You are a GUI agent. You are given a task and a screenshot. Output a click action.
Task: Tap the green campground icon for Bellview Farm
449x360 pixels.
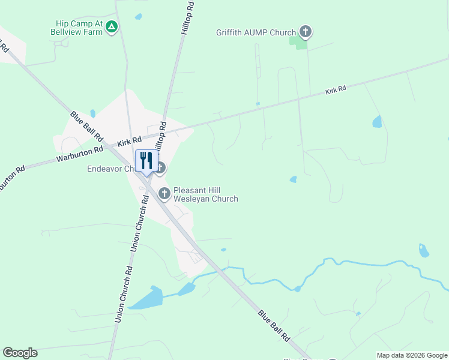pyautogui.click(x=112, y=27)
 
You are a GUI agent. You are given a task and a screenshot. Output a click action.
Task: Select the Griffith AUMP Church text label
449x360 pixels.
pyautogui.click(x=256, y=32)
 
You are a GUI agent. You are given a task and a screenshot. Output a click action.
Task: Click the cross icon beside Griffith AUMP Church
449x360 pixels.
pyautogui.click(x=305, y=31)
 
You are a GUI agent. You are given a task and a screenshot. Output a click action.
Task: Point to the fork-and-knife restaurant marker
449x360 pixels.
pyautogui.click(x=146, y=161)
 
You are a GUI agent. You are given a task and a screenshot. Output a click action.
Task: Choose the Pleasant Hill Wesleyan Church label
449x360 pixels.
pyautogui.click(x=205, y=194)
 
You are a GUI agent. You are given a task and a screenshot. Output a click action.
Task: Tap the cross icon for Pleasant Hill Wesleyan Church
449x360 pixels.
pyautogui.click(x=164, y=193)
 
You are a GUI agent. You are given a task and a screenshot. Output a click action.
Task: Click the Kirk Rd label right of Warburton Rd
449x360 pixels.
pyautogui.click(x=130, y=142)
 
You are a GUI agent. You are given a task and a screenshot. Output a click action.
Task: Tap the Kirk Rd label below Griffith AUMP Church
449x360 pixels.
pyautogui.click(x=336, y=90)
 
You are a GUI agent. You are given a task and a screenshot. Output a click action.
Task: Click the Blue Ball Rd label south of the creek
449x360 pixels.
pyautogui.click(x=274, y=325)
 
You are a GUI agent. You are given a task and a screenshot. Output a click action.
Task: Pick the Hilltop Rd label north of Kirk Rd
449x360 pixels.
pyautogui.click(x=188, y=17)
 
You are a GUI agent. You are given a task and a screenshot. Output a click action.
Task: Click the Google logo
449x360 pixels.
pyautogui.click(x=20, y=353)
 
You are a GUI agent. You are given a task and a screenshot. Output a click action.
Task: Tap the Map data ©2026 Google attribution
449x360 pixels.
pyautogui.click(x=412, y=355)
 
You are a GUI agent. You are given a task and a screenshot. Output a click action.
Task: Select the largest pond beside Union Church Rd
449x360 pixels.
pyautogui.click(x=146, y=298)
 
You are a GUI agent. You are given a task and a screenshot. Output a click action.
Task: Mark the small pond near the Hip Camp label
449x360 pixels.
pyautogui.click(x=139, y=17)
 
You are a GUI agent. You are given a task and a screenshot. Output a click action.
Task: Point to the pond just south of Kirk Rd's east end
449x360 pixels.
pyautogui.click(x=377, y=122)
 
